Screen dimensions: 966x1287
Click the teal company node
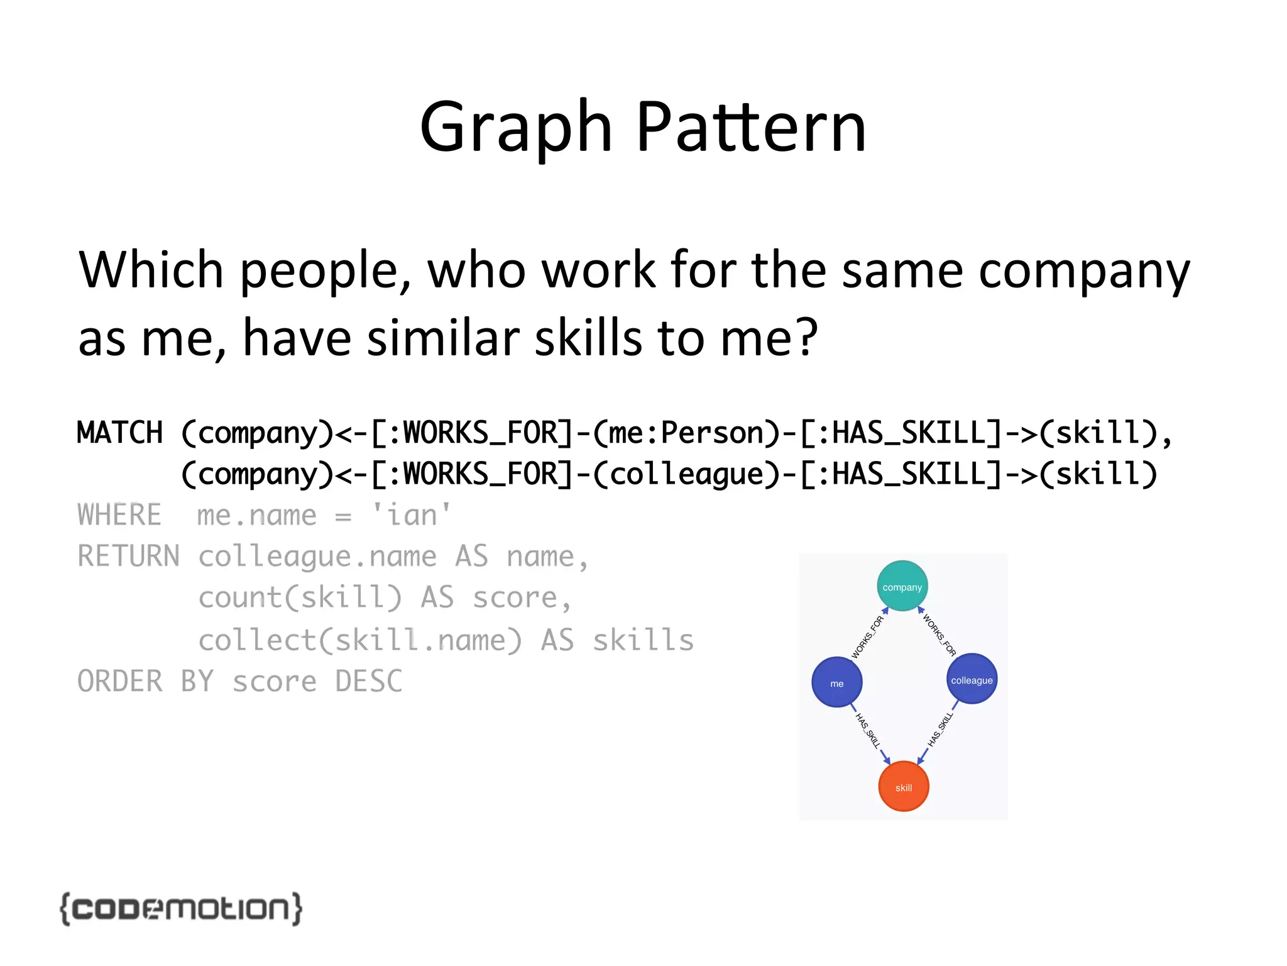(x=902, y=586)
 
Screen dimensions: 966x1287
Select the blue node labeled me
(x=836, y=682)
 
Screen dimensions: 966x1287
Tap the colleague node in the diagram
(x=972, y=679)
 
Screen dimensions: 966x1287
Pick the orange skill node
(x=903, y=787)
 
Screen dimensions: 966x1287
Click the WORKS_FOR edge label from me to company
(x=867, y=637)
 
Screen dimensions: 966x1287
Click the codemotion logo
(x=181, y=909)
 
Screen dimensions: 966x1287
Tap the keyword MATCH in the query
(x=119, y=433)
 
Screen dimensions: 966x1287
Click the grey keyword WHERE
(x=119, y=515)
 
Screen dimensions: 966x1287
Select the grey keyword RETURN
(x=128, y=557)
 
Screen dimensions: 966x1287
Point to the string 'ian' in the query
(x=411, y=515)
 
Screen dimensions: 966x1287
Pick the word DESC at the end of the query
(x=368, y=682)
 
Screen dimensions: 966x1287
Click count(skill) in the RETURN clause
(x=300, y=598)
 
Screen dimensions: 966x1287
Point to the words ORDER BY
(x=145, y=682)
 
